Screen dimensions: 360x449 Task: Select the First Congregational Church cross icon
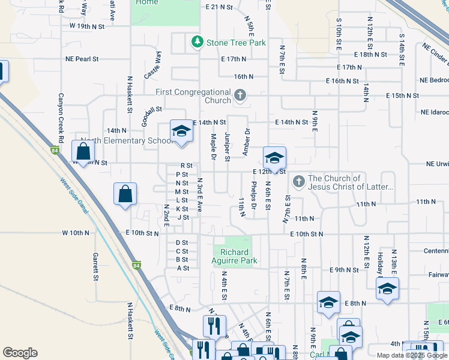pos(240,95)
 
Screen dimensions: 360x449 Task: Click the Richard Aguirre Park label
pos(234,256)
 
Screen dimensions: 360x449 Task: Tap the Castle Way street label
pos(153,65)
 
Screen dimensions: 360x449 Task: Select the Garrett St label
pos(95,266)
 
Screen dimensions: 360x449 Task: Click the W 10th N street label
pos(75,232)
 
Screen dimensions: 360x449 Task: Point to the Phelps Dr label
pos(255,196)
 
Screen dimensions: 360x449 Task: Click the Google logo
pos(20,353)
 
